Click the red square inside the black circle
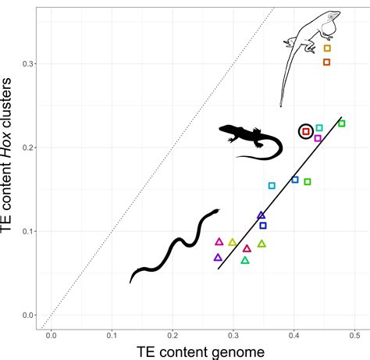(x=306, y=132)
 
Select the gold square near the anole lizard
(x=327, y=48)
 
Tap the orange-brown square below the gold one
(x=326, y=62)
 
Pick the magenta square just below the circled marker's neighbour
(x=318, y=138)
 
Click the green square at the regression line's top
(x=341, y=123)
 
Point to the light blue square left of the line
(x=272, y=186)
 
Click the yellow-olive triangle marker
(x=232, y=243)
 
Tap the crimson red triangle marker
(x=247, y=249)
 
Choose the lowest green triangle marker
(x=245, y=261)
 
